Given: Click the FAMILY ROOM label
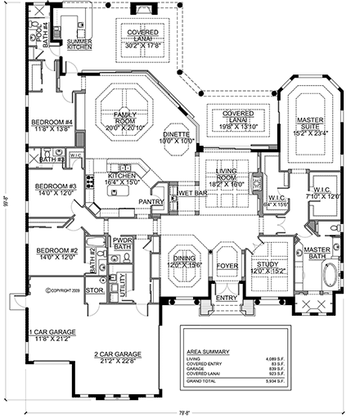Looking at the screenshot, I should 124,116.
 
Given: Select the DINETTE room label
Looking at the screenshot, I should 178,134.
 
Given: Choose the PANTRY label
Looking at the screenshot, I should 151,201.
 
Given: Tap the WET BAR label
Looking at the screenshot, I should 190,195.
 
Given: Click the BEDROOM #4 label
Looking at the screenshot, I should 53,124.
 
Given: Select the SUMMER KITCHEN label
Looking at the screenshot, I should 79,44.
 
